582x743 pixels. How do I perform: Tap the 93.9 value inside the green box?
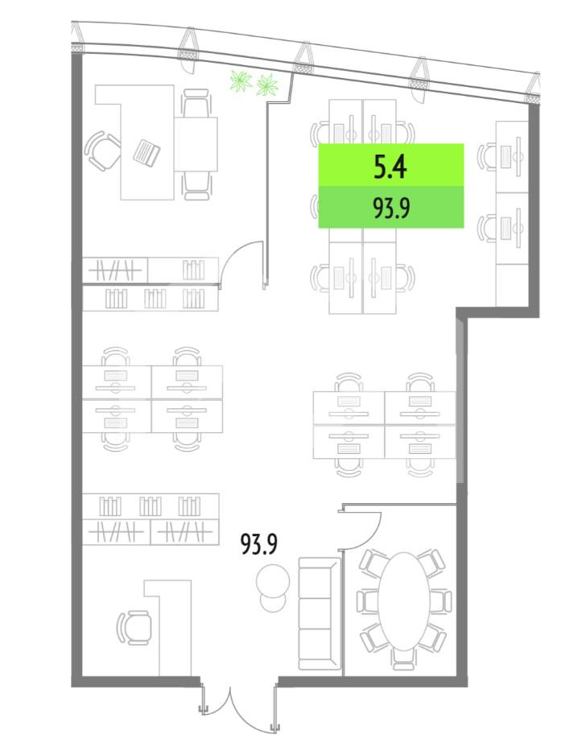[391, 208]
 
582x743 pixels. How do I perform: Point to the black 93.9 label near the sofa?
[258, 544]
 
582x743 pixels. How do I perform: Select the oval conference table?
[403, 601]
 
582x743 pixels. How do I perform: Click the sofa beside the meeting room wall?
[320, 613]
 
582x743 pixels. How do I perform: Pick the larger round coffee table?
[273, 580]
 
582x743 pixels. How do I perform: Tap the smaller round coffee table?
[273, 602]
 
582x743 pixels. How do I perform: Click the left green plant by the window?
[241, 80]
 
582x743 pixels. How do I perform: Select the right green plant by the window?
[266, 85]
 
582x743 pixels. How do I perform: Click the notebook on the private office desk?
[147, 152]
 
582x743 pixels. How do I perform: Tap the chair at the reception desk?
[134, 627]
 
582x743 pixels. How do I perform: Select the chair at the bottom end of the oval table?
[403, 659]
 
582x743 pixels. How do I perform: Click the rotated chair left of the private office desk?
[103, 151]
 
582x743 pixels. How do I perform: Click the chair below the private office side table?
[196, 186]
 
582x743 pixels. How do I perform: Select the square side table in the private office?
[196, 144]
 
